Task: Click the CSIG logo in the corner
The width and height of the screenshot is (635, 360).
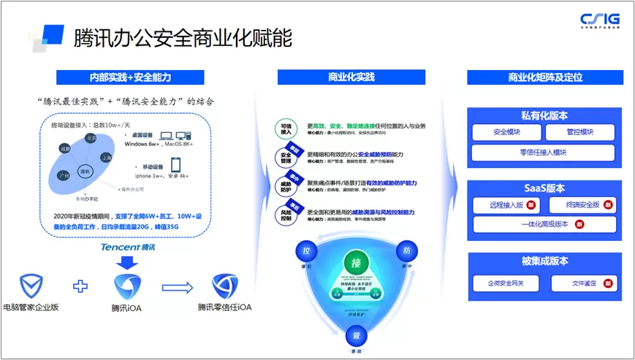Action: (x=599, y=20)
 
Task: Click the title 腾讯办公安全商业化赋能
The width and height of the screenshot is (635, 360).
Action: (x=183, y=39)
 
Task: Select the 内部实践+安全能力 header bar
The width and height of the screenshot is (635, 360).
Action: (x=129, y=77)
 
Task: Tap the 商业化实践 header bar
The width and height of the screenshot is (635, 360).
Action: (x=351, y=77)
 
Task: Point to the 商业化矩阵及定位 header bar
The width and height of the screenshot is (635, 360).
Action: (x=545, y=77)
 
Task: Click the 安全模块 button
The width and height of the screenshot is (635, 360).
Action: (x=507, y=133)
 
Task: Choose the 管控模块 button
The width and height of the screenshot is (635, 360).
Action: (x=580, y=133)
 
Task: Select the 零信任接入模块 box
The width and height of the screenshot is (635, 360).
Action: (x=544, y=153)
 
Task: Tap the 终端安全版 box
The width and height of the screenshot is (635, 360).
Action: (x=580, y=205)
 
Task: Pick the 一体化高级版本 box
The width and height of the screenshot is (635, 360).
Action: (x=544, y=224)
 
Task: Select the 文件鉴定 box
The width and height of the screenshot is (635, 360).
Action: (x=580, y=283)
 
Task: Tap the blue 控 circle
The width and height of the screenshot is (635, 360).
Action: (x=306, y=251)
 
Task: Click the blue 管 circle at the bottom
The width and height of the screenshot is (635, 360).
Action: (x=357, y=337)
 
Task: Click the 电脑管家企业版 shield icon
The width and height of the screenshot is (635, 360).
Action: (x=31, y=286)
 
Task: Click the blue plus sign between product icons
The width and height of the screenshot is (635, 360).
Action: (x=80, y=286)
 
